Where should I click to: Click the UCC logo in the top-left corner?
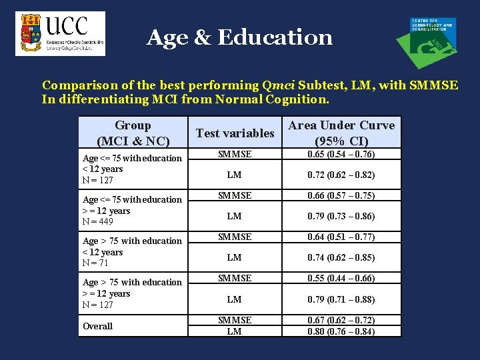tap(60, 33)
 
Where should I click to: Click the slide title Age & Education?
tap(239, 37)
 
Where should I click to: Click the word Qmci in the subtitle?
tap(279, 85)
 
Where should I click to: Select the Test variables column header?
tap(235, 133)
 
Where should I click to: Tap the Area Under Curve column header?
tap(341, 133)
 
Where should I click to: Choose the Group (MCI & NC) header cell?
tap(133, 133)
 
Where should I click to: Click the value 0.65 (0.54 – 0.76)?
tap(341, 155)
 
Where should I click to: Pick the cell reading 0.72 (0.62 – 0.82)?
tap(341, 175)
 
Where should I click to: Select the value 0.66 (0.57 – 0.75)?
tap(341, 196)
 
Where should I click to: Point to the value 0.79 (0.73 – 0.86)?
tap(341, 217)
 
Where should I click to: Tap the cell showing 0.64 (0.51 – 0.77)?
tap(341, 237)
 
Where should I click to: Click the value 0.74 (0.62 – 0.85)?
tap(341, 258)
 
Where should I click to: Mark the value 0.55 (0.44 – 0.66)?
tap(341, 279)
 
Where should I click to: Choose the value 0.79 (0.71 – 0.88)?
tap(341, 299)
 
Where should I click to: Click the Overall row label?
tap(97, 326)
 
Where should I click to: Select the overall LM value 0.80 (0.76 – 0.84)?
tap(341, 331)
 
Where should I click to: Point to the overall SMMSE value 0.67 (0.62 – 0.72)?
tap(341, 321)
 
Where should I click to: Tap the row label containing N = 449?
tap(132, 211)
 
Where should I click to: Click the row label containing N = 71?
tap(132, 252)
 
